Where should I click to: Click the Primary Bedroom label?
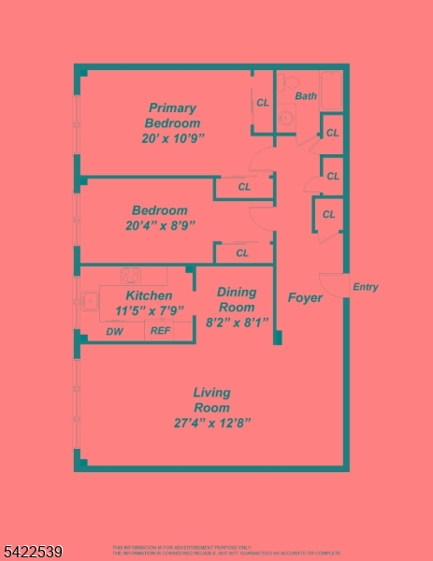point(173,115)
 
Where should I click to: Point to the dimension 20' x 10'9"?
point(167,138)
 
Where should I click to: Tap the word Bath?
point(306,96)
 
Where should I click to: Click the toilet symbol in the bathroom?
point(287,119)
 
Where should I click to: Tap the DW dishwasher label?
point(114,331)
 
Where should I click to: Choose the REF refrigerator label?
point(161,331)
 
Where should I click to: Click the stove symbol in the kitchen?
point(130,275)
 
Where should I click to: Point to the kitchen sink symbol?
point(91,301)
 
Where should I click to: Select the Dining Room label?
point(236,299)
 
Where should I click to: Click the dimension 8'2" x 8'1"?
point(237,322)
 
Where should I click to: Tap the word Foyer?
point(305,298)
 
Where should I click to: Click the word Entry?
point(366,287)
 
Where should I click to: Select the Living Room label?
point(211,400)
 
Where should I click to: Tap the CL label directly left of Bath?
point(263,103)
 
